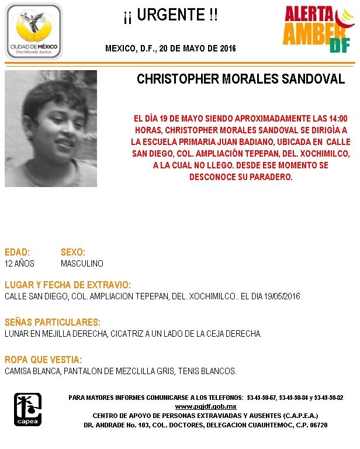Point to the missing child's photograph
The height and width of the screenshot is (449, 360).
pos(51,129)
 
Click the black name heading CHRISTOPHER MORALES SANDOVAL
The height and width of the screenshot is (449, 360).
pos(241,80)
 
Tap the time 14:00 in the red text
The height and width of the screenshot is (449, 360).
pos(337,118)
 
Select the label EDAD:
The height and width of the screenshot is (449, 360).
pos(17,252)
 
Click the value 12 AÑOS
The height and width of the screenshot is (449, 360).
pos(20,264)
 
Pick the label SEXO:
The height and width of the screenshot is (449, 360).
pos(73,252)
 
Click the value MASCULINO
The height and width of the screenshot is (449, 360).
pos(82,264)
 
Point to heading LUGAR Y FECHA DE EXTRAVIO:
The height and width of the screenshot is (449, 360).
pos(68,285)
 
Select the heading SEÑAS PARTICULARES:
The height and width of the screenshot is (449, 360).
pos(53,322)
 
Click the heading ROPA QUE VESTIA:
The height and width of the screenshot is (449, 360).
pos(43,360)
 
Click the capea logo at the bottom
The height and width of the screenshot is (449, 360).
pos(27,409)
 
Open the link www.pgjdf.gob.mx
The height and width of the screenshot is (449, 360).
pos(206,406)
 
